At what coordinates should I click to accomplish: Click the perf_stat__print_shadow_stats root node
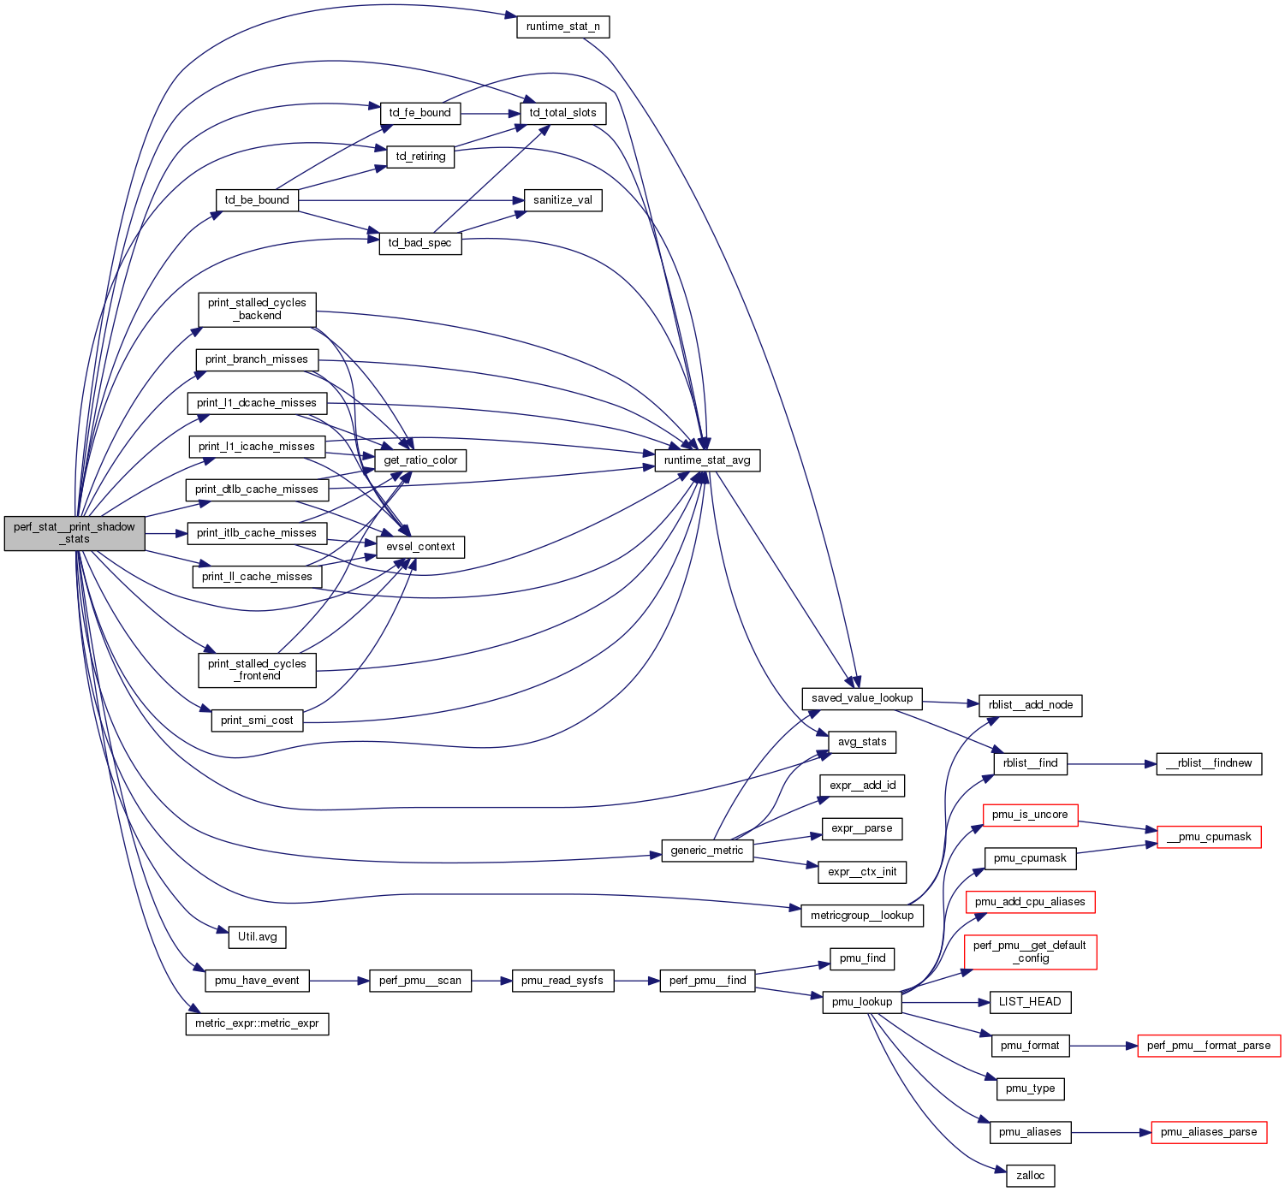74,533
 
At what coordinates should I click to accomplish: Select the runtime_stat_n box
562,27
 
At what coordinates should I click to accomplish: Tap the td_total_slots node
562,113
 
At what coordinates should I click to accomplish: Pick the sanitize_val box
562,200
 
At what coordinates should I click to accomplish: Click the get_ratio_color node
420,460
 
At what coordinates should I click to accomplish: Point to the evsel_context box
420,547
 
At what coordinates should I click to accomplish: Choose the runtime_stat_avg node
707,460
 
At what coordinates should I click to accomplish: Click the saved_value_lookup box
862,698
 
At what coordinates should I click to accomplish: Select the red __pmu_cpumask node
1209,837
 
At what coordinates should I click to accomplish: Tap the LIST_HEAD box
1030,1002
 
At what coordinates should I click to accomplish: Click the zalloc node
1030,1176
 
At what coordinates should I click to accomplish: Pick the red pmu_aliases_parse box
1209,1132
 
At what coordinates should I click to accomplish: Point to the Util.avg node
257,937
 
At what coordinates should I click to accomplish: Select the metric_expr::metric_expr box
257,1023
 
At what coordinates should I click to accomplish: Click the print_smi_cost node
257,721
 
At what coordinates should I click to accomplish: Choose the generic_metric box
707,851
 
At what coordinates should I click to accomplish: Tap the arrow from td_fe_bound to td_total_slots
491,113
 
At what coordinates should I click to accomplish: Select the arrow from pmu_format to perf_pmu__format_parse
1104,1046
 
